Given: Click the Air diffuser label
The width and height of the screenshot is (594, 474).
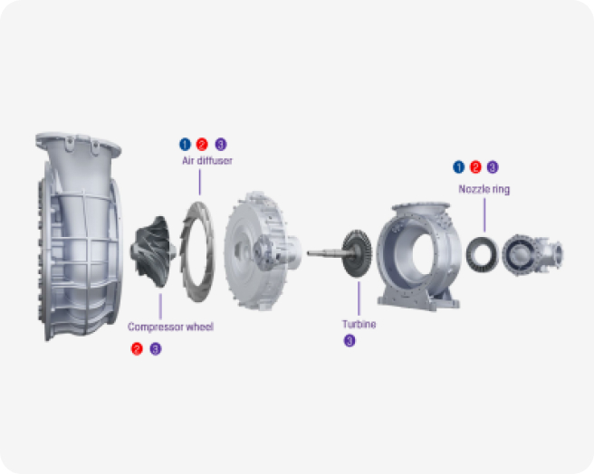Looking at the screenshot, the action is (207, 160).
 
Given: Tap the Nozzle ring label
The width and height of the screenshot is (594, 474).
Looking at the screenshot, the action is (484, 189).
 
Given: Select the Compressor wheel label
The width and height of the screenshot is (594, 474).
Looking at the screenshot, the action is (170, 327).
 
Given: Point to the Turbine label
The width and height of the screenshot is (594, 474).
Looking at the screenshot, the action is (359, 324).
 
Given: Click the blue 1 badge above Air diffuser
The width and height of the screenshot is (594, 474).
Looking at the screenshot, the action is (185, 144).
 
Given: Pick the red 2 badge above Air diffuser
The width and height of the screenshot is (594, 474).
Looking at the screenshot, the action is (202, 144).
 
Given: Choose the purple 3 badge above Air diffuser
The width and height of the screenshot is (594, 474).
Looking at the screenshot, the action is (221, 144).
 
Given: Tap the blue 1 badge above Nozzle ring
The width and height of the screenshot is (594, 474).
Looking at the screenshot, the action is (459, 167).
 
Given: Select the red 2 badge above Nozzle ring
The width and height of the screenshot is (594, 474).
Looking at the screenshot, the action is (475, 167).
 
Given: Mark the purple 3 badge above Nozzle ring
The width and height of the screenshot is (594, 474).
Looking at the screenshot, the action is (493, 167).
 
